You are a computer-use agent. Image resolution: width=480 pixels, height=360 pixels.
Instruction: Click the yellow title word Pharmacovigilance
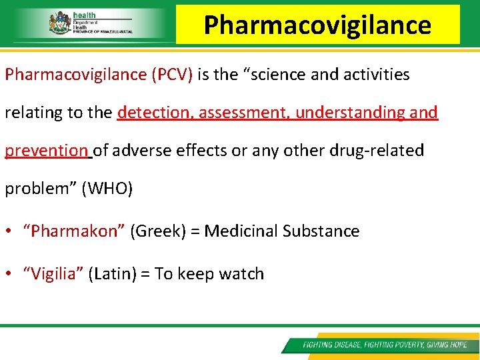[317, 25]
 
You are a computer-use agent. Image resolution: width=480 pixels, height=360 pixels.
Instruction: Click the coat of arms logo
[59, 23]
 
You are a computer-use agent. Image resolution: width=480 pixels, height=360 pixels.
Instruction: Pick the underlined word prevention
[46, 151]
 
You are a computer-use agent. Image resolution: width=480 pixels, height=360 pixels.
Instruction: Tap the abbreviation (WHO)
[107, 189]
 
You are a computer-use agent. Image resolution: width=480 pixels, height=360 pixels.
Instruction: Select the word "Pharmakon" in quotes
[74, 231]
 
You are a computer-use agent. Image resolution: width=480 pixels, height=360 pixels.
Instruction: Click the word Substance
[321, 231]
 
